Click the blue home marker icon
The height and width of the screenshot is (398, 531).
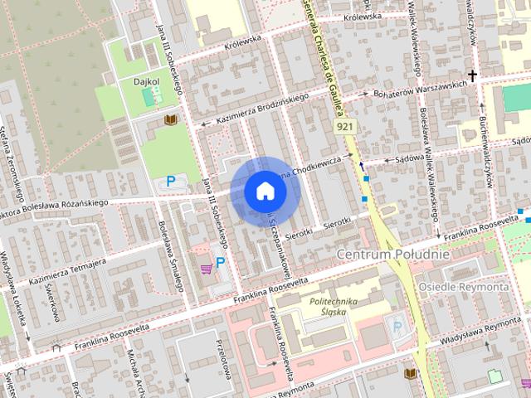tap(265, 191)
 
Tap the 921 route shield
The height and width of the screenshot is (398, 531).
tap(344, 125)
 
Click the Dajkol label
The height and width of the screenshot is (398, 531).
tap(147, 82)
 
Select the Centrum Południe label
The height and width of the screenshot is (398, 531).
tap(393, 253)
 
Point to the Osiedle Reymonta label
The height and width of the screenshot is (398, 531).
tap(476, 286)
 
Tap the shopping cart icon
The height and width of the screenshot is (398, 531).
tap(205, 268)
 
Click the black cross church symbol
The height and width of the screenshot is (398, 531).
tap(473, 76)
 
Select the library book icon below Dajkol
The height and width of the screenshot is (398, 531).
tap(171, 120)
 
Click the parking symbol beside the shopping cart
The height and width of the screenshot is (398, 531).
tap(221, 263)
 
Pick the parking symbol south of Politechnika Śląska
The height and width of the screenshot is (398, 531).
tap(397, 326)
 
